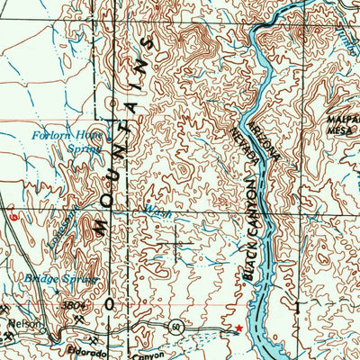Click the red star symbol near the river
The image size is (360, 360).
click(238, 328)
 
